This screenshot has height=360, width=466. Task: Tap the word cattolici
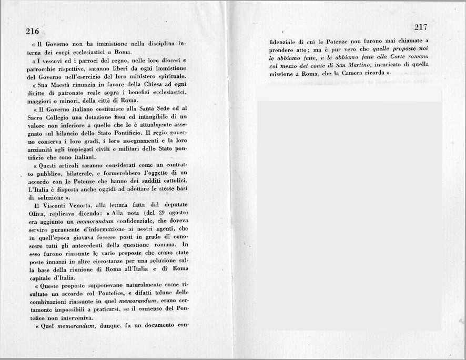coord(170,182)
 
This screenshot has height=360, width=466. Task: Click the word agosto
coord(176,213)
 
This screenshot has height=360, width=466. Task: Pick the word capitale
coord(40,278)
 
